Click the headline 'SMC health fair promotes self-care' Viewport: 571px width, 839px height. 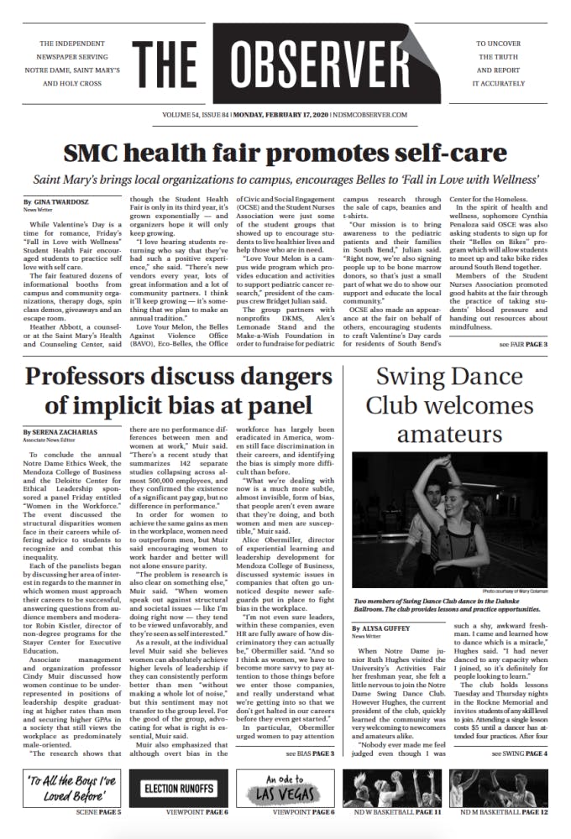pos(285,153)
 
